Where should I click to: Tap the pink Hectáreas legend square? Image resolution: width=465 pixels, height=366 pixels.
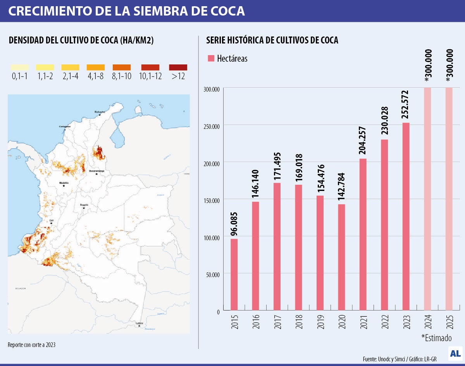pos(211,59)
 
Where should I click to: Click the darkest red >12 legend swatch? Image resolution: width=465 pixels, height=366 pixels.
pos(178,68)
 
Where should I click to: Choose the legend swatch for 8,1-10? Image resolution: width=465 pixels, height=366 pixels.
pos(121,68)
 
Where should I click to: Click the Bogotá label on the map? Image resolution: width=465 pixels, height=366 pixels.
pos(84,205)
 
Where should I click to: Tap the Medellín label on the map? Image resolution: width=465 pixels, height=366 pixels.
pos(64,182)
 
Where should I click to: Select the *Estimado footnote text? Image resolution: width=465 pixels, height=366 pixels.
pos(436,337)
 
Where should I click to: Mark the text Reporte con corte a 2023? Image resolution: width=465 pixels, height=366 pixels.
pos(34,345)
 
